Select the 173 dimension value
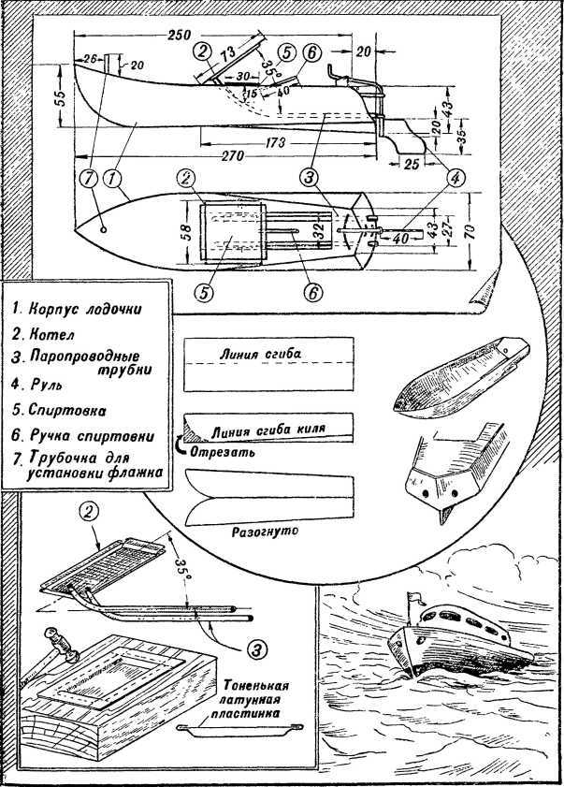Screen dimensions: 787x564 pos(276,139)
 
